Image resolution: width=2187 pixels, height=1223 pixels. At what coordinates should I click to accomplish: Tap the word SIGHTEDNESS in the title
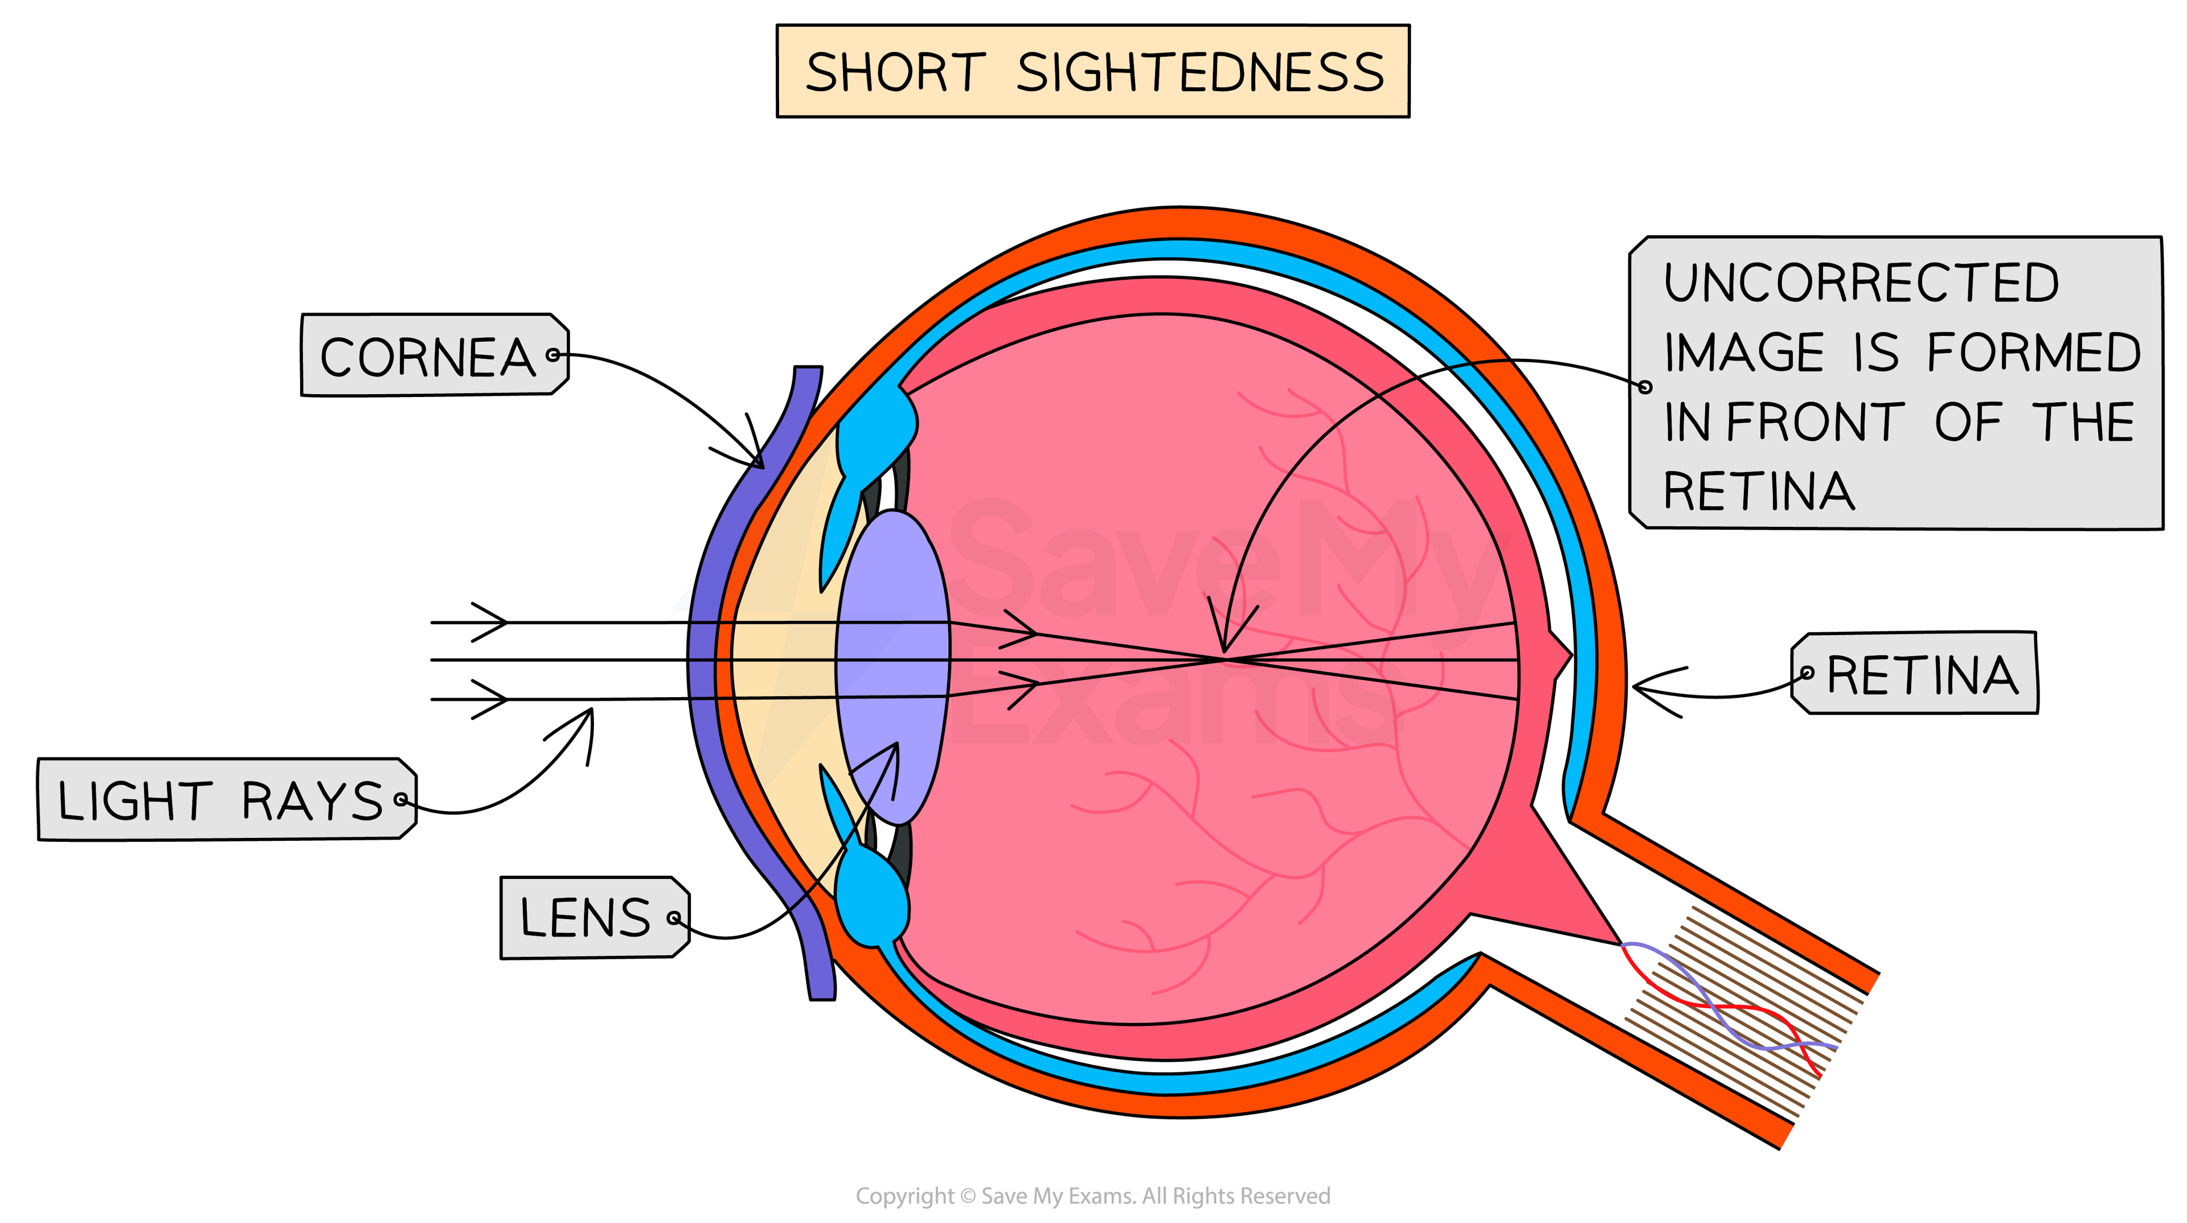click(1199, 72)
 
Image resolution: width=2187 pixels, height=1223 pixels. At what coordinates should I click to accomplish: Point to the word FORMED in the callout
click(2033, 353)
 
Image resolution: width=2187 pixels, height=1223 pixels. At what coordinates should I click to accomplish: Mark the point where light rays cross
click(1225, 658)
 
